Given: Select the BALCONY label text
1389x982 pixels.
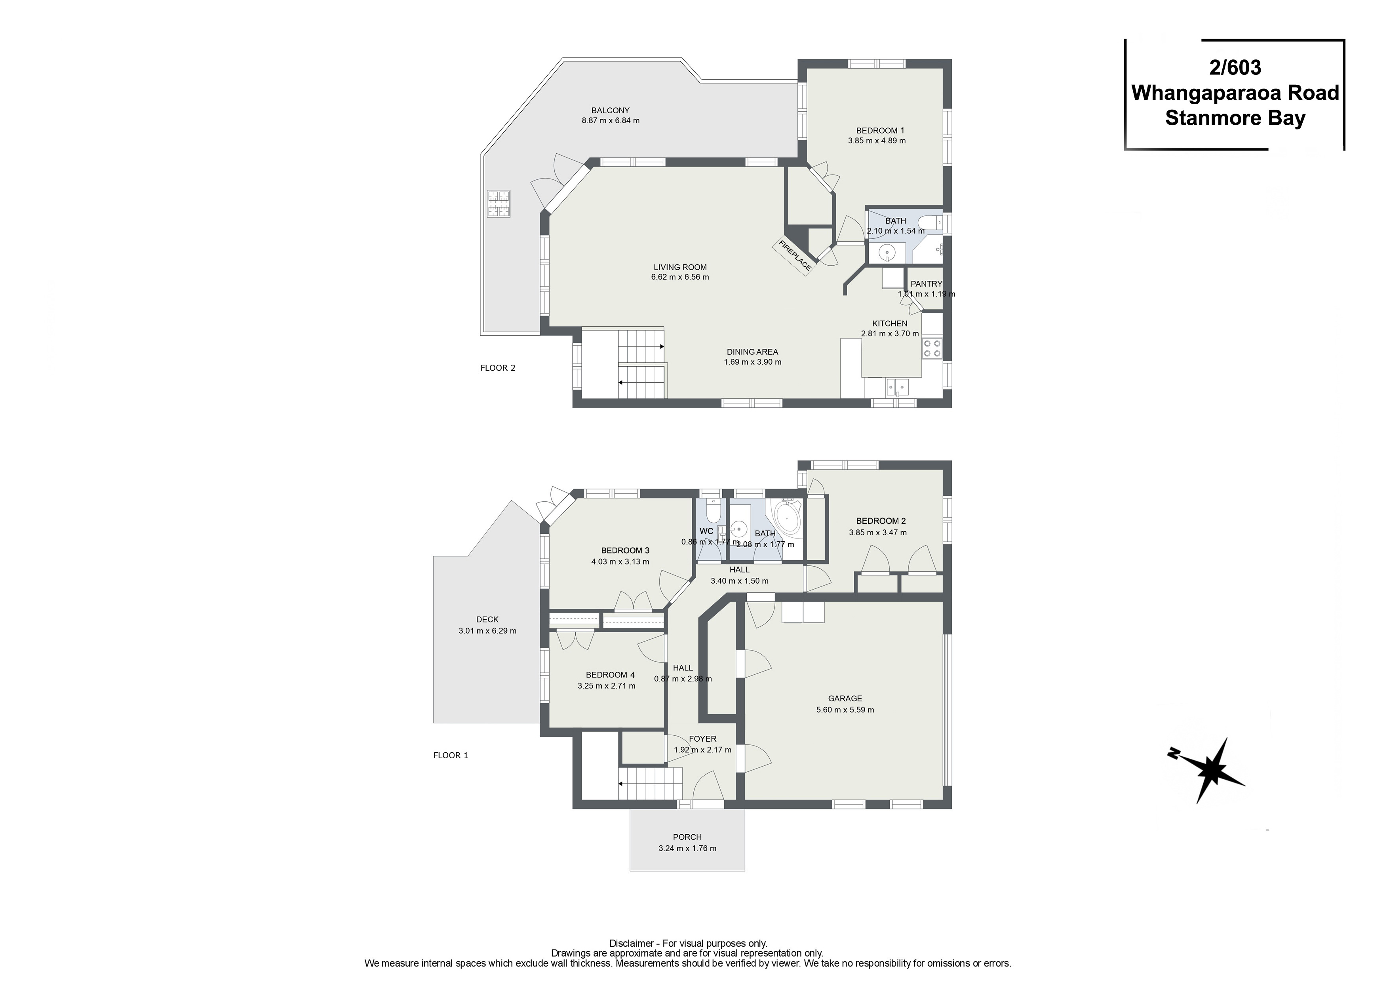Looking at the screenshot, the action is click(611, 111).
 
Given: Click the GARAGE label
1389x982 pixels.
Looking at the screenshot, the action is click(845, 698).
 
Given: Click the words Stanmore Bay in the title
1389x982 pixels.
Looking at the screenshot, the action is click(1235, 118).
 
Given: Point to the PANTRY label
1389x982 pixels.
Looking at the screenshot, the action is click(926, 284).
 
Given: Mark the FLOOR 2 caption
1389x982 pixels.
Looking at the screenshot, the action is click(498, 368).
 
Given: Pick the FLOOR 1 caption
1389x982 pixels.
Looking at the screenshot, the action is click(451, 755).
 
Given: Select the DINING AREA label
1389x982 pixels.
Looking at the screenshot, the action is click(753, 352).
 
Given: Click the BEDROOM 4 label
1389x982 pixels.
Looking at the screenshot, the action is click(611, 675).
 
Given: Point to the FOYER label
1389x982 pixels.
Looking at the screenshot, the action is click(702, 739).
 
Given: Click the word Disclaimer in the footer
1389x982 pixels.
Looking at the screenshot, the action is click(632, 943).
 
